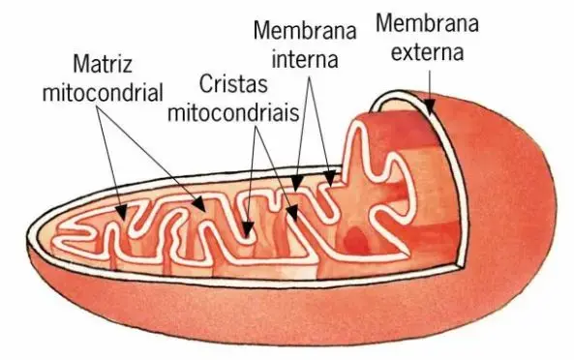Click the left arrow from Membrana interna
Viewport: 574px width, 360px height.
point(301,126)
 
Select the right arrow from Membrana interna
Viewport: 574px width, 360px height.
point(320,126)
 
